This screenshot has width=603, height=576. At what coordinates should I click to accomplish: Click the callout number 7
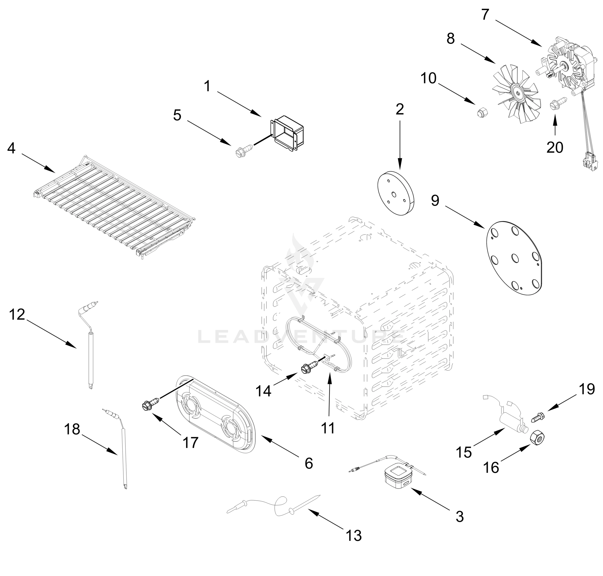[485, 14]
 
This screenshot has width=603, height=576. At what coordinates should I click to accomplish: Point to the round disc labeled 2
[395, 193]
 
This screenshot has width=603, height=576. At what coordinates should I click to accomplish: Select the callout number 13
[353, 536]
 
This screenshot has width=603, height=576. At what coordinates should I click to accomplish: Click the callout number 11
[328, 428]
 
